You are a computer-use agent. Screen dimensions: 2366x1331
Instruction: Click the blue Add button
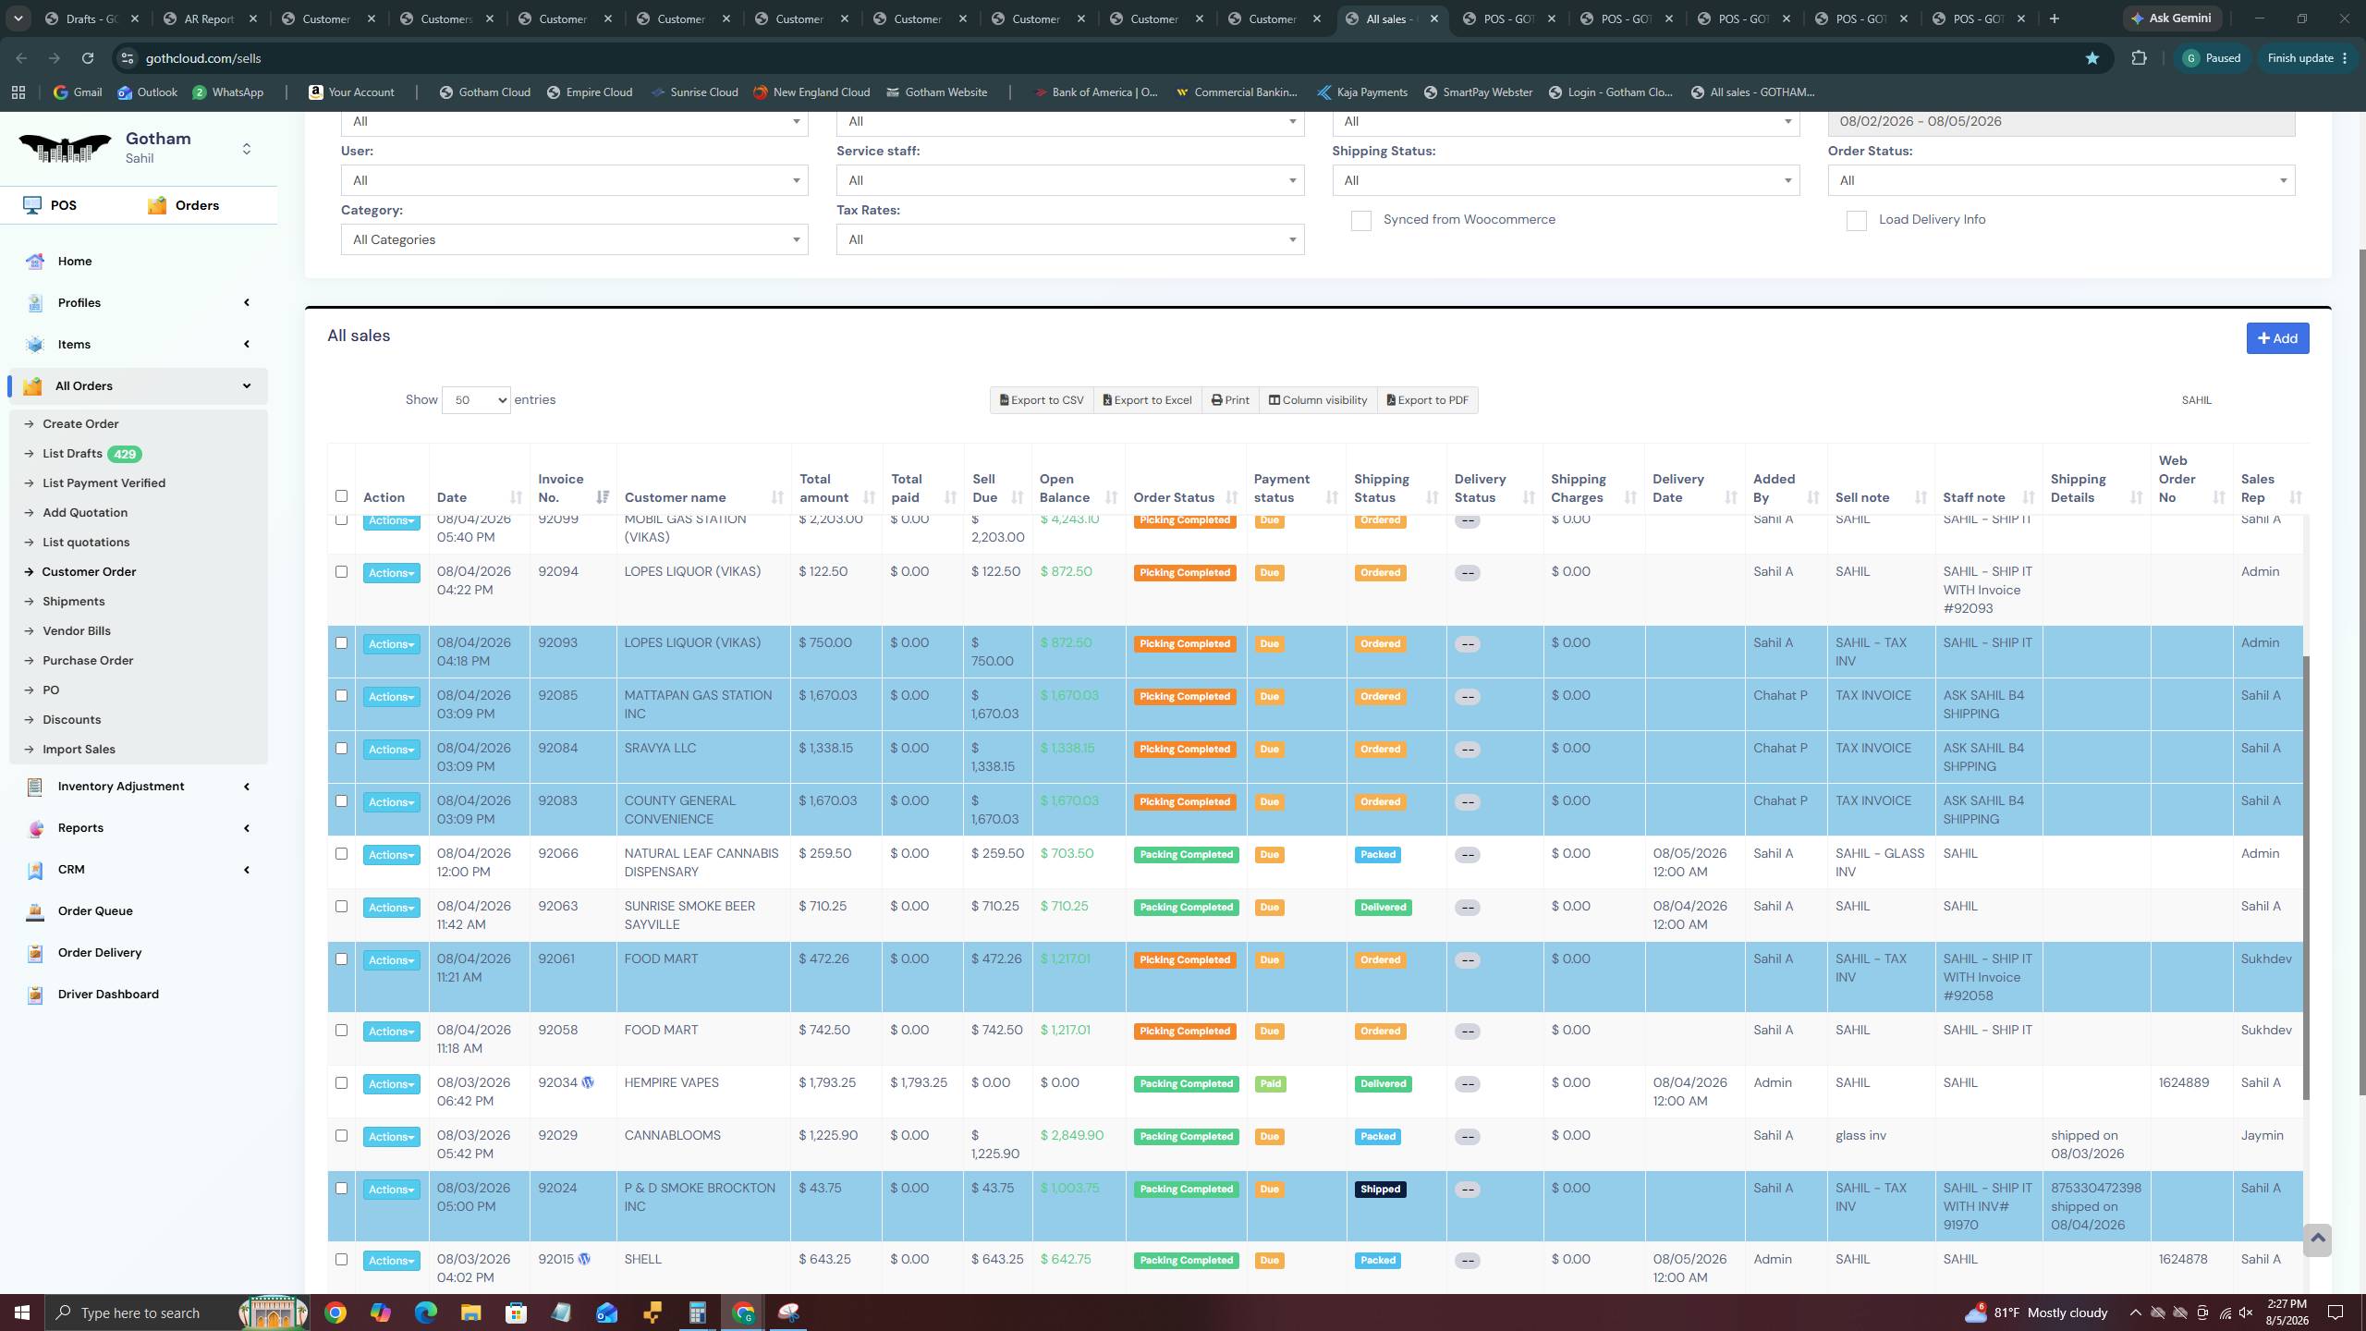coord(2277,338)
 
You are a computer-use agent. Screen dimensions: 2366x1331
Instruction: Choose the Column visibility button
coord(1317,400)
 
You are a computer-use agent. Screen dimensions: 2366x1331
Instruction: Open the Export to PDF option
coord(1427,400)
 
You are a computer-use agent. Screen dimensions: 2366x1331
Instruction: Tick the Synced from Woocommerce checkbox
coord(1360,221)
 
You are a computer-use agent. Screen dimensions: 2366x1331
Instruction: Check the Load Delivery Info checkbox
coord(1856,221)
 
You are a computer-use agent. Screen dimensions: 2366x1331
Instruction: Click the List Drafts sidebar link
coord(72,454)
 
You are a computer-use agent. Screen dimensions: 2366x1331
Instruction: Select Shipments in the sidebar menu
coord(74,602)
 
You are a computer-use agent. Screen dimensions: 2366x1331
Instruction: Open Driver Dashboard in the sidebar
coord(108,995)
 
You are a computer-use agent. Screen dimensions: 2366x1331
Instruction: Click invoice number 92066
coord(558,854)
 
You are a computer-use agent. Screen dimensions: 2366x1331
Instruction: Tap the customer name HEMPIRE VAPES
coord(672,1083)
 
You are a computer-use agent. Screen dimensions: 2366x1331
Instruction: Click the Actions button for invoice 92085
coord(391,697)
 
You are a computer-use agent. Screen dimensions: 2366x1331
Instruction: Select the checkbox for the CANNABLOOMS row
coord(341,1136)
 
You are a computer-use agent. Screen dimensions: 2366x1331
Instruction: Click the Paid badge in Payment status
coord(1271,1084)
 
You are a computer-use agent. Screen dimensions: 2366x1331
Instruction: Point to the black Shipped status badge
coord(1380,1190)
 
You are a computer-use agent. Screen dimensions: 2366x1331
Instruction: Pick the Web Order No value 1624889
coord(2184,1083)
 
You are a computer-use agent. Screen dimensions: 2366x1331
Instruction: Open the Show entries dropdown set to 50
coord(476,400)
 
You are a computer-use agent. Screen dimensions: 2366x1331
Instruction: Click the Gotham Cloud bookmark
coord(485,92)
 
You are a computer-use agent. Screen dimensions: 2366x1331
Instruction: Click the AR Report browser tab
coord(209,18)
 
